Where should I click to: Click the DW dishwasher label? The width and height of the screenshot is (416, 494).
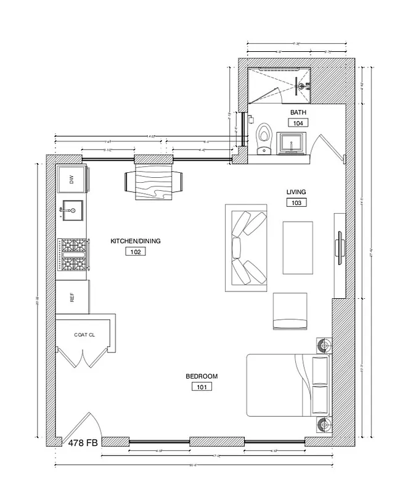click(72, 180)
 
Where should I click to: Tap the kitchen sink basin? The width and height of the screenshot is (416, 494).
click(72, 212)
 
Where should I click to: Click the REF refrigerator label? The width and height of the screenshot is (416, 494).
click(72, 298)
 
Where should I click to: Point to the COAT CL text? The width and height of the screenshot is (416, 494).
click(84, 335)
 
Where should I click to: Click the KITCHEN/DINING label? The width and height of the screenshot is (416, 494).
click(135, 241)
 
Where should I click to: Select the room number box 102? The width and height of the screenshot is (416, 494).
click(135, 251)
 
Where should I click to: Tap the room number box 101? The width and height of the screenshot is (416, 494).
click(202, 387)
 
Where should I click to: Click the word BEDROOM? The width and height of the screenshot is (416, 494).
click(202, 377)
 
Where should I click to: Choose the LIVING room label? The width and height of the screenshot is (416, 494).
click(296, 191)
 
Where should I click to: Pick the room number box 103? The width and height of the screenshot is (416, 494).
click(296, 202)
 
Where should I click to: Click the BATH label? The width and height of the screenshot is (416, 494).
click(298, 112)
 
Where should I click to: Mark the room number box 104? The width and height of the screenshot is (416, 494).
click(298, 123)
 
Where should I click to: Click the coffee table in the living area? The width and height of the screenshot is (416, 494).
click(298, 248)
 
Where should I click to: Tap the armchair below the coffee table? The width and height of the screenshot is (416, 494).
click(290, 311)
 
